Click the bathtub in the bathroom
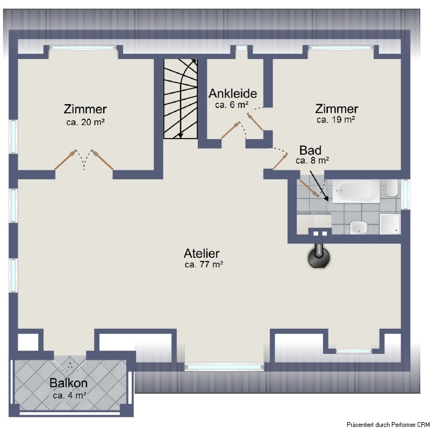click(x=356, y=191)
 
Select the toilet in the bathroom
click(x=392, y=188)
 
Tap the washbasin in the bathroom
click(x=359, y=227)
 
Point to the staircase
click(x=181, y=99)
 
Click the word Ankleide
click(x=233, y=93)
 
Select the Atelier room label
click(x=202, y=253)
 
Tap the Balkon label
click(x=69, y=383)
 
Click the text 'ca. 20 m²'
click(x=85, y=122)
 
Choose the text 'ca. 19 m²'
click(x=336, y=119)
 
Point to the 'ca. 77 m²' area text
click(x=204, y=264)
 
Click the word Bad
click(x=310, y=150)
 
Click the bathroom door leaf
click(x=309, y=188)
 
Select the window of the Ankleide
click(x=241, y=48)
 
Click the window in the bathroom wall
click(x=406, y=194)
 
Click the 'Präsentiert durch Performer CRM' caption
click(x=388, y=424)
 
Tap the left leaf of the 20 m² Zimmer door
click(x=66, y=160)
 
